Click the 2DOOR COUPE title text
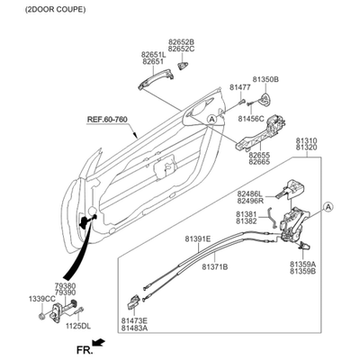(55, 9)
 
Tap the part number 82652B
(181, 42)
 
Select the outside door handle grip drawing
(156, 78)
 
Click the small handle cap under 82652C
(183, 66)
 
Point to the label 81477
(240, 87)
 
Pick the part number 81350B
(265, 79)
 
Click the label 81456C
(251, 119)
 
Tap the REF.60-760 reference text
(107, 120)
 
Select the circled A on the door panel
(212, 119)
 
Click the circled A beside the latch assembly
(328, 207)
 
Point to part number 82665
(259, 162)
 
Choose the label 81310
(306, 140)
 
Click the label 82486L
(249, 194)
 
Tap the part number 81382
(247, 221)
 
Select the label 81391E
(198, 239)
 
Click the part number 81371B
(214, 266)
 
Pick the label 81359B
(302, 271)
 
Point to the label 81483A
(134, 328)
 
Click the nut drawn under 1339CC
(42, 316)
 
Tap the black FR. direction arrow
(98, 342)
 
